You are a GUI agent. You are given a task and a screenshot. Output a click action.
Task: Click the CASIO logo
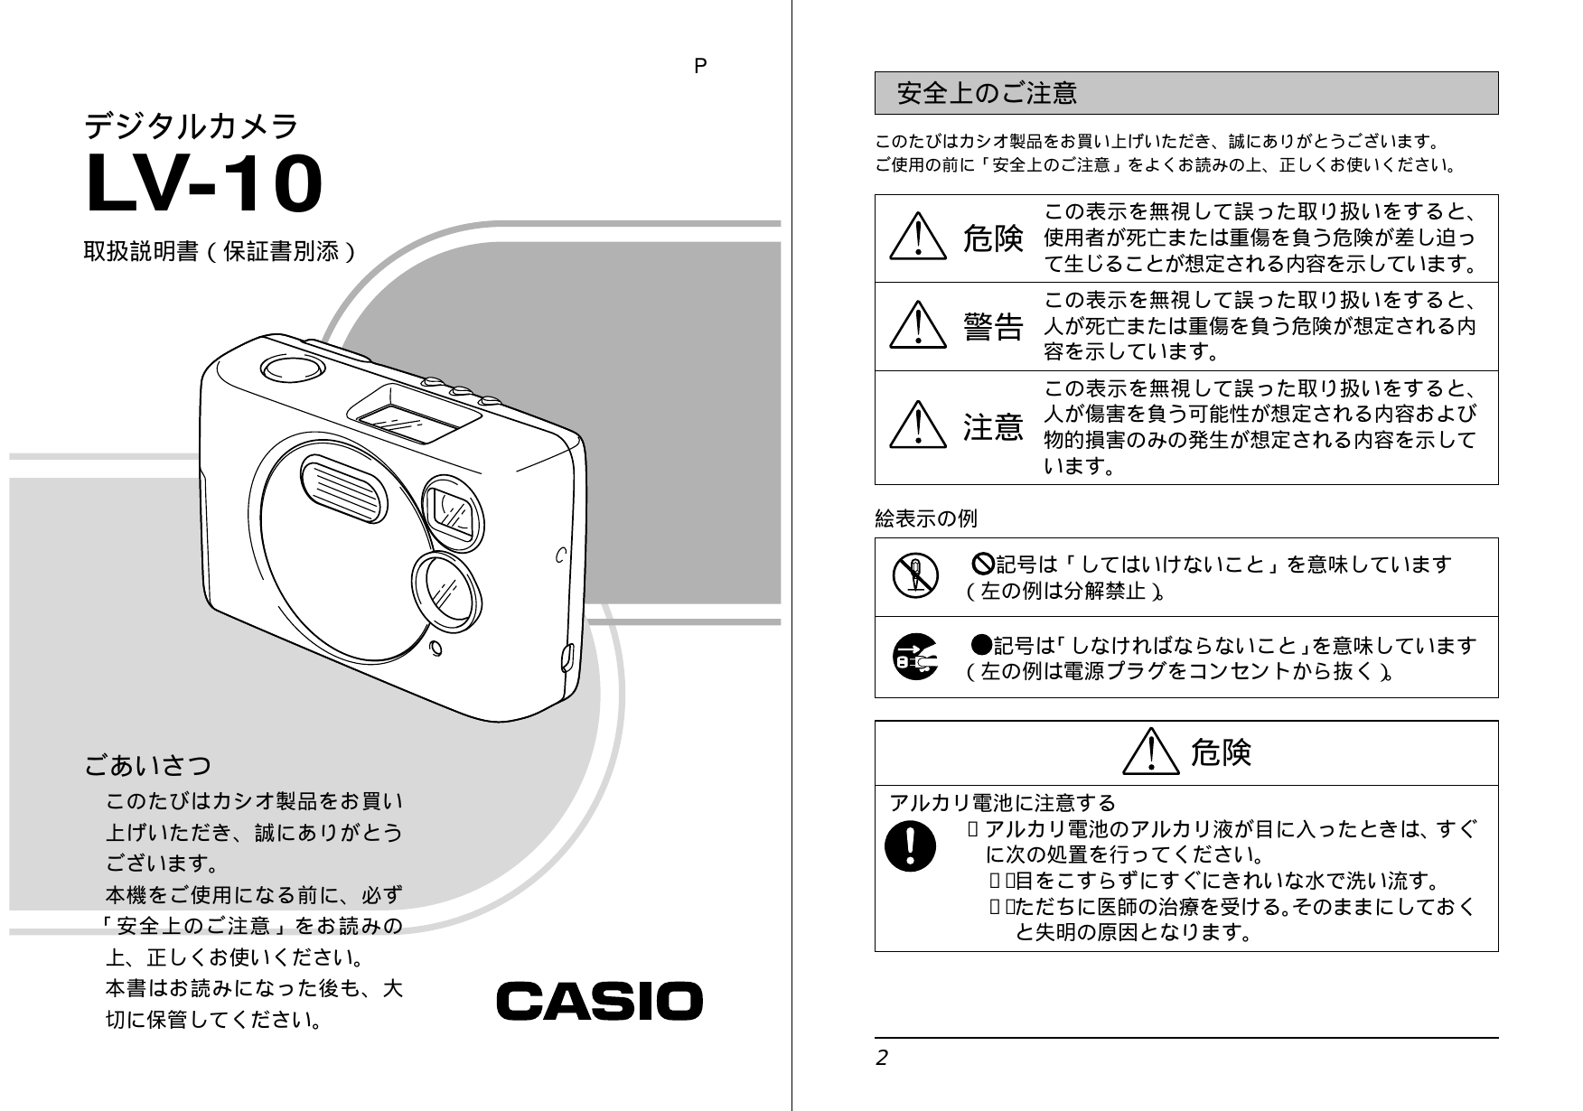[x=599, y=1002]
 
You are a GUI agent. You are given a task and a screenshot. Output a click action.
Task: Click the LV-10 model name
[x=203, y=185]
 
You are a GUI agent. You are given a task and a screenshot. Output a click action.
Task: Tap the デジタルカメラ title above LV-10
[x=191, y=126]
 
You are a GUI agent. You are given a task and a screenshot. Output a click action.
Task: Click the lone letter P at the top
[x=700, y=66]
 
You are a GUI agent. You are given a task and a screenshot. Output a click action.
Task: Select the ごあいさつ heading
[x=148, y=766]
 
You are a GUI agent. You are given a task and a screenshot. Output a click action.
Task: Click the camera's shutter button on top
[x=292, y=368]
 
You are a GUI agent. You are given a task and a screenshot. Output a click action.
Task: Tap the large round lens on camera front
[x=446, y=592]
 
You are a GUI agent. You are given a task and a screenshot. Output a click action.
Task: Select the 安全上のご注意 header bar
[x=1185, y=93]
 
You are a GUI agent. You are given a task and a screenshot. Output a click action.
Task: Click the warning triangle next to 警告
[x=917, y=325]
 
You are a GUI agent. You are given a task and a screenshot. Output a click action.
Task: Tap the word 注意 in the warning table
[x=993, y=426]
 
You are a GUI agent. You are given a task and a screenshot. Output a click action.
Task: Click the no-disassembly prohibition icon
[x=915, y=576]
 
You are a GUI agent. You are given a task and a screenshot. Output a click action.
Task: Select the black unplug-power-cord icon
[x=914, y=657]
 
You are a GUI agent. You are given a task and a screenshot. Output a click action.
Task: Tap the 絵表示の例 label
[x=926, y=518]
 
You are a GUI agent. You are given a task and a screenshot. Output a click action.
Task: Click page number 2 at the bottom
[x=882, y=1058]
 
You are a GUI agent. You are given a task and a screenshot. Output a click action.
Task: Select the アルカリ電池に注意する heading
[x=1003, y=802]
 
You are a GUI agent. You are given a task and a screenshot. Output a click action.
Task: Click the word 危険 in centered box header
[x=1220, y=752]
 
